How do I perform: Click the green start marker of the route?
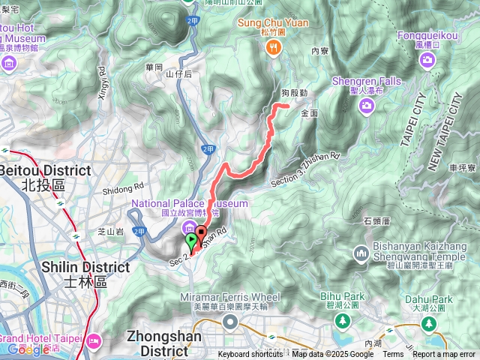(191, 241)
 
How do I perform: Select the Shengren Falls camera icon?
(367, 106)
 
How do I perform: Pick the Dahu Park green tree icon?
(428, 323)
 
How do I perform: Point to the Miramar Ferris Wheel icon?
(229, 322)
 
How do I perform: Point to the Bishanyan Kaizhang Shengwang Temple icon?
(360, 252)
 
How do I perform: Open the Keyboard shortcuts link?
(250, 355)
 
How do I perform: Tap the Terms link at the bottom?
(393, 355)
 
